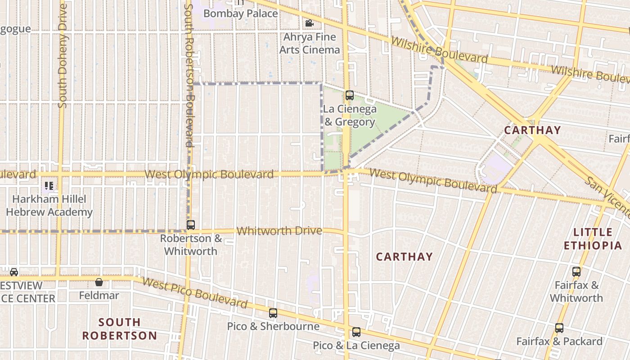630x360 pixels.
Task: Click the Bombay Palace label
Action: point(240,13)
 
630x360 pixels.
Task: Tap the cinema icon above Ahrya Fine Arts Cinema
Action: point(309,23)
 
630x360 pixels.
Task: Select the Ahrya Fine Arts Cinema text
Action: point(310,43)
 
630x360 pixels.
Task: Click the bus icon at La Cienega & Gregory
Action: point(350,95)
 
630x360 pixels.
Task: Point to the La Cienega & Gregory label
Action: point(349,115)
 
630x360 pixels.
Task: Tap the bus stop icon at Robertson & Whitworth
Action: point(191,225)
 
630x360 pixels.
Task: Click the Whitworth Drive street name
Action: point(279,231)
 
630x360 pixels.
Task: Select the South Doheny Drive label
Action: point(63,56)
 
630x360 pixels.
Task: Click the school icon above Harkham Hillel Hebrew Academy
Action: point(49,185)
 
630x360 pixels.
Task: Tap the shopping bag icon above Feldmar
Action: point(99,282)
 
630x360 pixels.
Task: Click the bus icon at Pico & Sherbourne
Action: point(273,313)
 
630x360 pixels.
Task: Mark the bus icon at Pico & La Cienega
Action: point(356,332)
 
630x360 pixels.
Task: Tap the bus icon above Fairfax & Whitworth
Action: point(576,272)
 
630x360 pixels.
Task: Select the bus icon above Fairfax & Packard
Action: point(559,328)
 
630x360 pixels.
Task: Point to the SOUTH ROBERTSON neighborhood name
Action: point(120,329)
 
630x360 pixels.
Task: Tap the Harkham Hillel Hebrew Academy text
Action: point(49,206)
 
